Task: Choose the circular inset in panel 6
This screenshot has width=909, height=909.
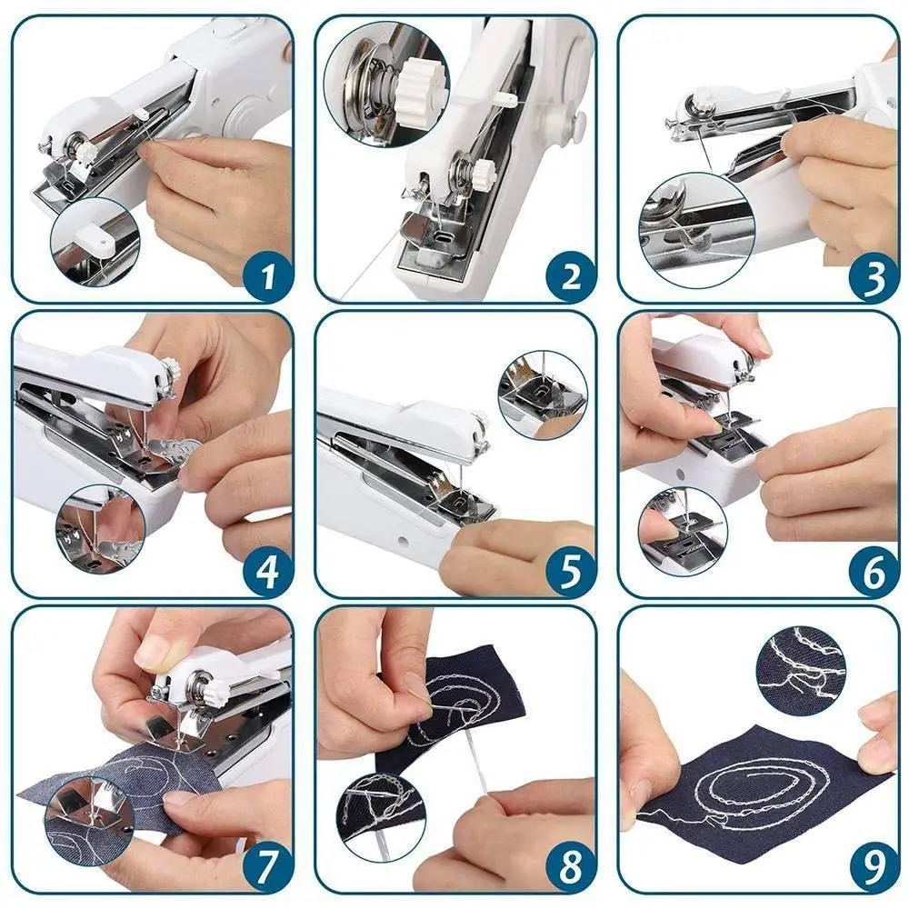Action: pos(682,531)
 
